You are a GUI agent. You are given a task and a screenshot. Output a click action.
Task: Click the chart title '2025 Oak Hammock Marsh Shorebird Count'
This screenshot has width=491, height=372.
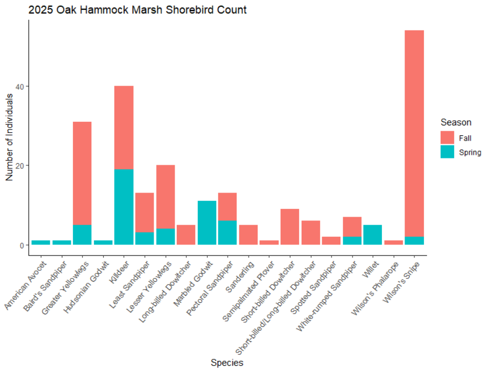point(137,10)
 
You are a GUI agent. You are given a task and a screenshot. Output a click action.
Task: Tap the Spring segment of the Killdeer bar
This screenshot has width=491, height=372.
point(124,207)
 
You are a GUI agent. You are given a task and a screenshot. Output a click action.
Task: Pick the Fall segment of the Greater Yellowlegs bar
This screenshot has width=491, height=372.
point(82,173)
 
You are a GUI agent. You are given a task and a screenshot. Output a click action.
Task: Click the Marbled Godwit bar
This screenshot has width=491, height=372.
point(207,222)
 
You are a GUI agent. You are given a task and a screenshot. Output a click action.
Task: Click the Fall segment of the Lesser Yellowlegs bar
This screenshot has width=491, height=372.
point(165,197)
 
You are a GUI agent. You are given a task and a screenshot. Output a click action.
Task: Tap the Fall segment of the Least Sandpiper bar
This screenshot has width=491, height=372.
point(145,212)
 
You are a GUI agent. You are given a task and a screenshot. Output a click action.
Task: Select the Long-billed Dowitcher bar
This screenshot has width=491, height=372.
point(186,235)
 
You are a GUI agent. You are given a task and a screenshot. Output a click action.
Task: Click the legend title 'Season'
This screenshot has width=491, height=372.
point(455,122)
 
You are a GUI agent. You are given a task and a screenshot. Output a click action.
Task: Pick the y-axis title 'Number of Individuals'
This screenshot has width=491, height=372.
point(9,137)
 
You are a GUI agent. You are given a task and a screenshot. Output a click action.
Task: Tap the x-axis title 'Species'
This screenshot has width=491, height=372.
point(227,362)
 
